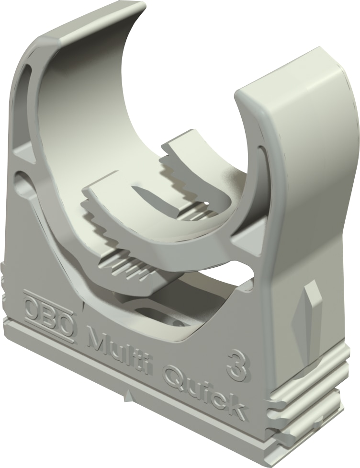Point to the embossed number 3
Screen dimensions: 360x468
(236, 366)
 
